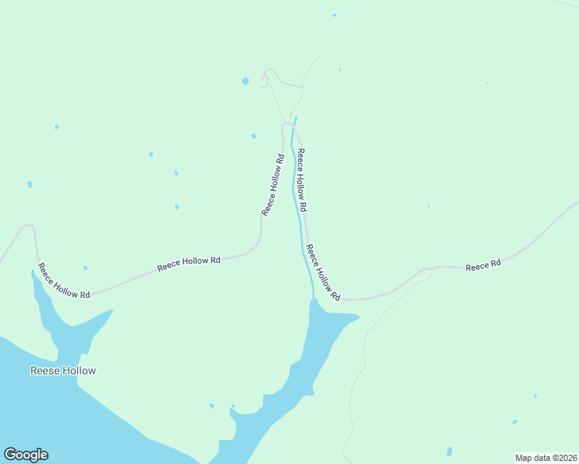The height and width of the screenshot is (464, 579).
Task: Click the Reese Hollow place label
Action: (63, 370)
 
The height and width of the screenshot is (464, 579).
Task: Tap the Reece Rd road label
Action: (483, 265)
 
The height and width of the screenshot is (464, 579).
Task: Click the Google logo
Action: (26, 455)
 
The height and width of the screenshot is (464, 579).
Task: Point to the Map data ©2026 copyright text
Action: (546, 457)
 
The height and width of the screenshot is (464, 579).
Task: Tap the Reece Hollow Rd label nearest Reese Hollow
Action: (65, 282)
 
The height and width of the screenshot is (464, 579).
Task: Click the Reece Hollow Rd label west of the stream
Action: (272, 186)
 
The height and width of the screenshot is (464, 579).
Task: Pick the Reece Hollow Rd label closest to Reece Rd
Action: (323, 272)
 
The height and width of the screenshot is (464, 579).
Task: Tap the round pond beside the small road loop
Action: (245, 80)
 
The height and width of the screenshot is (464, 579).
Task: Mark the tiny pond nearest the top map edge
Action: (334, 15)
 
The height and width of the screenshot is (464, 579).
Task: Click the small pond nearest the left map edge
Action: (30, 185)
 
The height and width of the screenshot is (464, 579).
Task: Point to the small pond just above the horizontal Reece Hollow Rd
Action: (85, 268)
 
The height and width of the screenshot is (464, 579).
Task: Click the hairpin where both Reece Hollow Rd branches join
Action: (287, 124)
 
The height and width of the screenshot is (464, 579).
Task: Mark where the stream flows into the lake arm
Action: (313, 300)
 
